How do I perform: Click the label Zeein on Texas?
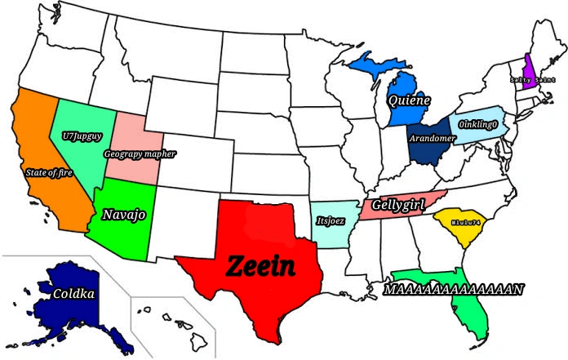pos(259,266)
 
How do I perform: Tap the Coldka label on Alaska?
pos(74,294)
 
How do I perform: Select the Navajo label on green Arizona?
pos(123,215)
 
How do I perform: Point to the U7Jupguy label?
pos(76,136)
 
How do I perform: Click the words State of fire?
pos(48,173)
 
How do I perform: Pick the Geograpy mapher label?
pos(140,153)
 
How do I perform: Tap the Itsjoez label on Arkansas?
pos(331,220)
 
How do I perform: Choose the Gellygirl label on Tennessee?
pos(398,204)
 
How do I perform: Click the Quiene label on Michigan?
pos(410,101)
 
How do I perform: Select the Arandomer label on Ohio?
pos(431,139)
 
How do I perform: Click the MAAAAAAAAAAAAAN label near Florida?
pos(454,289)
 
